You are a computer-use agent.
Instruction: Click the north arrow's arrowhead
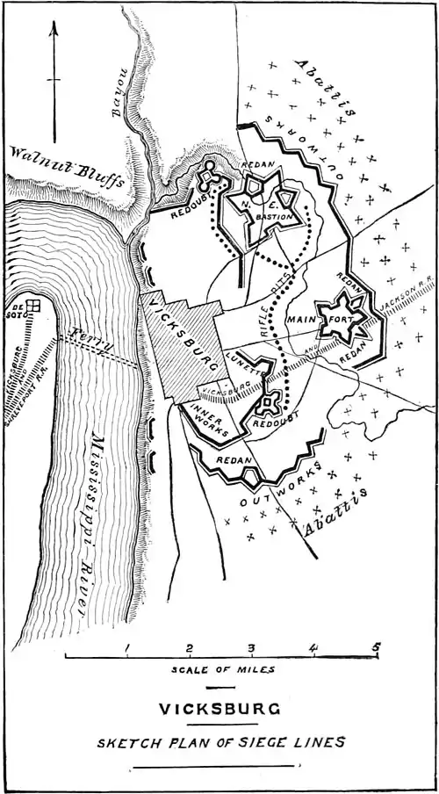point(54,28)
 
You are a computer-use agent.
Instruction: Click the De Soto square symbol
point(33,307)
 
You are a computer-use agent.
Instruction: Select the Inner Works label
point(208,422)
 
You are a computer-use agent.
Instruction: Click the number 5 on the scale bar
point(376,650)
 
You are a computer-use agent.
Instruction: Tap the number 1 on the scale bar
point(128,650)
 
